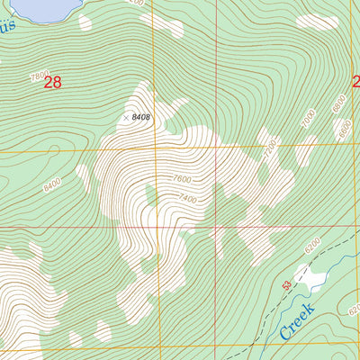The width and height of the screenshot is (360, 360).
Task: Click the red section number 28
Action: coord(52,83)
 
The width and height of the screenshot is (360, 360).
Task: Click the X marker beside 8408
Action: coord(125,117)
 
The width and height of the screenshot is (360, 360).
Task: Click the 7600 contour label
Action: coord(182,178)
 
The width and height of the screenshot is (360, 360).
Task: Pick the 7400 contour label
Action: coord(186,197)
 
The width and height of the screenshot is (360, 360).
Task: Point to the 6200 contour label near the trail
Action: coord(312,244)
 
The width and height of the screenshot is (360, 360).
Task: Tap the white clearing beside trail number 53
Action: coord(310,282)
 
